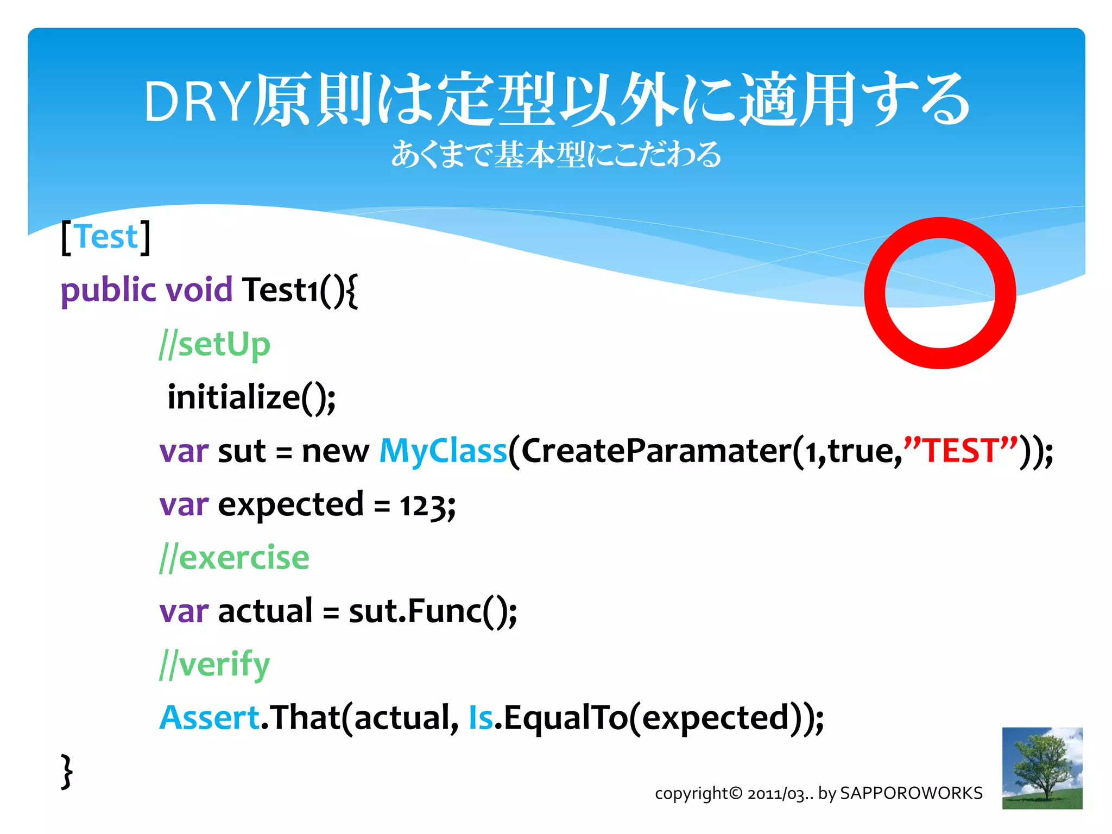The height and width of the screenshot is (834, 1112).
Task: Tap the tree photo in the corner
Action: pyautogui.click(x=1041, y=768)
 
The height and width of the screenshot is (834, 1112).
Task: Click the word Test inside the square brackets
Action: pyautogui.click(x=107, y=237)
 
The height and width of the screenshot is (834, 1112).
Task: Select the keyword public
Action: pyautogui.click(x=108, y=290)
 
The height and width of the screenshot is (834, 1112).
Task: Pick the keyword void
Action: pyautogui.click(x=199, y=290)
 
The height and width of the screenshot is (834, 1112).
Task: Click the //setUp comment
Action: pyautogui.click(x=214, y=345)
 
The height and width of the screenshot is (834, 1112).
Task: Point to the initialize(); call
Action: pyautogui.click(x=251, y=397)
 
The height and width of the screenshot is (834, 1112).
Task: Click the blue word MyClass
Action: pyautogui.click(x=443, y=451)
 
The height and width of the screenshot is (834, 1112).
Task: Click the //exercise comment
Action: pyautogui.click(x=234, y=558)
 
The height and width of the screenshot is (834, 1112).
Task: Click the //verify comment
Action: pyautogui.click(x=214, y=665)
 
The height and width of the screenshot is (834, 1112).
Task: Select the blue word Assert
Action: pyautogui.click(x=210, y=718)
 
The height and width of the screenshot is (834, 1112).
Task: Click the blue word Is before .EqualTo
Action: pyautogui.click(x=481, y=718)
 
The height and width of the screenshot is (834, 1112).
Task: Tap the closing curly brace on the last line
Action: pyautogui.click(x=66, y=771)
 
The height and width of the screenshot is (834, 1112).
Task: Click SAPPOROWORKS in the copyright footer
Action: pyautogui.click(x=911, y=793)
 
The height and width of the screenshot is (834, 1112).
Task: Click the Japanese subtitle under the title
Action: pyautogui.click(x=556, y=155)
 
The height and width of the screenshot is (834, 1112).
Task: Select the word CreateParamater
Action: pyautogui.click(x=655, y=451)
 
